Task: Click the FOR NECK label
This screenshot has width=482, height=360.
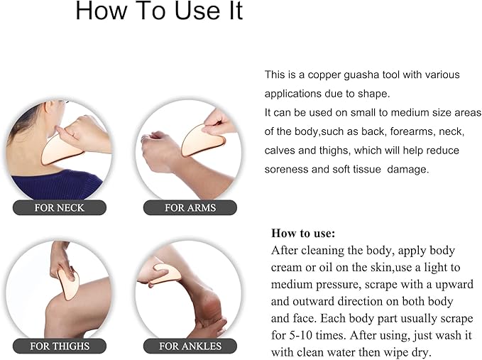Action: point(60,207)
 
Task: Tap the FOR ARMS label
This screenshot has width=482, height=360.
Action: point(190,207)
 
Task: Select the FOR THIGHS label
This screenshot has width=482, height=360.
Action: point(60,347)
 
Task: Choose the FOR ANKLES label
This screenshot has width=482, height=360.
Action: point(190,347)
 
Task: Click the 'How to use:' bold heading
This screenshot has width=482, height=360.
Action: point(303,234)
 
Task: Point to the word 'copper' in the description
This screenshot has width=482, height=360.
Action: point(324,75)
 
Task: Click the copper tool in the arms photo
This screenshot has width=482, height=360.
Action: point(202,141)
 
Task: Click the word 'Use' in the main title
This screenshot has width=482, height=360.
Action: point(197,11)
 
